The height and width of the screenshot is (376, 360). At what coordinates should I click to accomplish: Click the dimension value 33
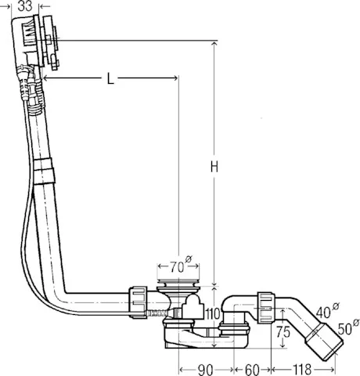pyautogui.click(x=25, y=5)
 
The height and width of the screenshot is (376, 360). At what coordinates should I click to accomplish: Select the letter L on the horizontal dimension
pyautogui.click(x=110, y=78)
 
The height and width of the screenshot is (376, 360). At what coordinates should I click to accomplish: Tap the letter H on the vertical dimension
pyautogui.click(x=214, y=167)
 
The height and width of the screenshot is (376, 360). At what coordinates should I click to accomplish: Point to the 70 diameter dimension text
pyautogui.click(x=181, y=265)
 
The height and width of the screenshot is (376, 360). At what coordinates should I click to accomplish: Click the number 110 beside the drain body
pyautogui.click(x=213, y=314)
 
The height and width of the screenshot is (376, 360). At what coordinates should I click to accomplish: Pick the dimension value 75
pyautogui.click(x=283, y=332)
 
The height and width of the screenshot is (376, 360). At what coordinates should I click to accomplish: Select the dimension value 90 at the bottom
pyautogui.click(x=206, y=370)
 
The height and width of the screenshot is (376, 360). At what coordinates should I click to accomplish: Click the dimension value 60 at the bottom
pyautogui.click(x=252, y=370)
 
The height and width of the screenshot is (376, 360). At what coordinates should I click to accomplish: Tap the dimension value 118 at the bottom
pyautogui.click(x=302, y=370)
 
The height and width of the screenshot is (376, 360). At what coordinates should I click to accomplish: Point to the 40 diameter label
pyautogui.click(x=327, y=311)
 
